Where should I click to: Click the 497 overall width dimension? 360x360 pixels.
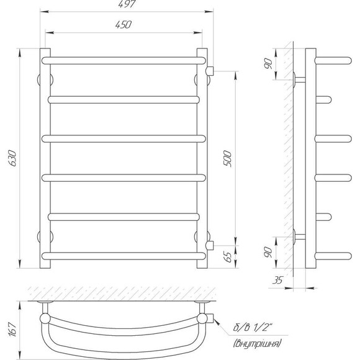127,4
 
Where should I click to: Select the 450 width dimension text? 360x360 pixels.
124,25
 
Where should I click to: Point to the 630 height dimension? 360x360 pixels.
12,158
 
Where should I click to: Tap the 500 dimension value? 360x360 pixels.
227,158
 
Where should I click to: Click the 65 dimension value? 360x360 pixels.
228,257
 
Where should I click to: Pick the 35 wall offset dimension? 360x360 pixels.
278,280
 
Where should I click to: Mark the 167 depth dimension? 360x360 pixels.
12,330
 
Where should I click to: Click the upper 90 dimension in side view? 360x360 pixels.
268,63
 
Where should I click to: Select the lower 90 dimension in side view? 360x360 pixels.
268,252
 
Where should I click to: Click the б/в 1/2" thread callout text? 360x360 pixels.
253,327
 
